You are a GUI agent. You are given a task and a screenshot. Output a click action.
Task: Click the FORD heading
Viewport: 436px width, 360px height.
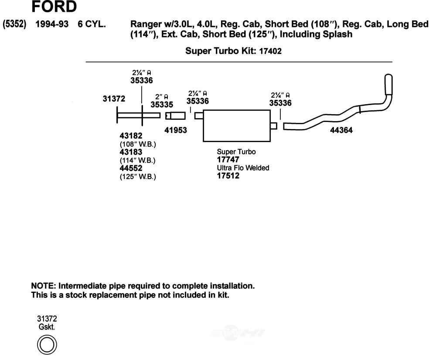[54, 7]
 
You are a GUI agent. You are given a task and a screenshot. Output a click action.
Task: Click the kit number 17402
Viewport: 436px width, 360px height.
[270, 51]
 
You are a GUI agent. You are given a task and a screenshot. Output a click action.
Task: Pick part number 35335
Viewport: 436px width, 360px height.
[162, 105]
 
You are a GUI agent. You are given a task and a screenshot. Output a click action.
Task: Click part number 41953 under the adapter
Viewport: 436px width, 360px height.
[176, 129]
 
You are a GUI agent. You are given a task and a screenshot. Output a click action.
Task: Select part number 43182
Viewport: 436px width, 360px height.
[131, 136]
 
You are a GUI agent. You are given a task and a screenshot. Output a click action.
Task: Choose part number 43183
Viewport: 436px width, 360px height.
[131, 152]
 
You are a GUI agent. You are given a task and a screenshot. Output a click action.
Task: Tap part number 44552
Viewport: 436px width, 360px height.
[131, 168]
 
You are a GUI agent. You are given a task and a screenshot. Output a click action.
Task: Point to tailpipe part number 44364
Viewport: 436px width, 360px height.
[341, 129]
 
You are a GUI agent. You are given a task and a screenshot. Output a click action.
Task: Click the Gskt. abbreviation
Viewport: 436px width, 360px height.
[47, 326]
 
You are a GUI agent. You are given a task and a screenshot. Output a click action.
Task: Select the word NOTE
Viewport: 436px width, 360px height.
[43, 286]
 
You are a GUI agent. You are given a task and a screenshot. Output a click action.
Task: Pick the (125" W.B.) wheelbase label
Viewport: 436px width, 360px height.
[138, 177]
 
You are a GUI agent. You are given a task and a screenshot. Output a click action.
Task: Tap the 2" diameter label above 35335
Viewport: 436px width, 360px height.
[162, 97]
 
